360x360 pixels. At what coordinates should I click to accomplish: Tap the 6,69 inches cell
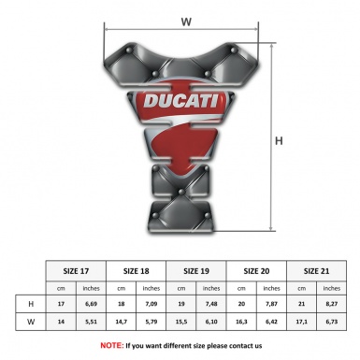coord(91,304)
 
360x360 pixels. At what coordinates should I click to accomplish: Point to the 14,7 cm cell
coord(122,322)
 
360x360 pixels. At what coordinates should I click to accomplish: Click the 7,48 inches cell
coord(212,304)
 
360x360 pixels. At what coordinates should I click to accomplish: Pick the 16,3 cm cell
coord(242,322)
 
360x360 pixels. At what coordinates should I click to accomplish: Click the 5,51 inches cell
coord(91,322)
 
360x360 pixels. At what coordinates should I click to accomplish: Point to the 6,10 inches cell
coord(212,322)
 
